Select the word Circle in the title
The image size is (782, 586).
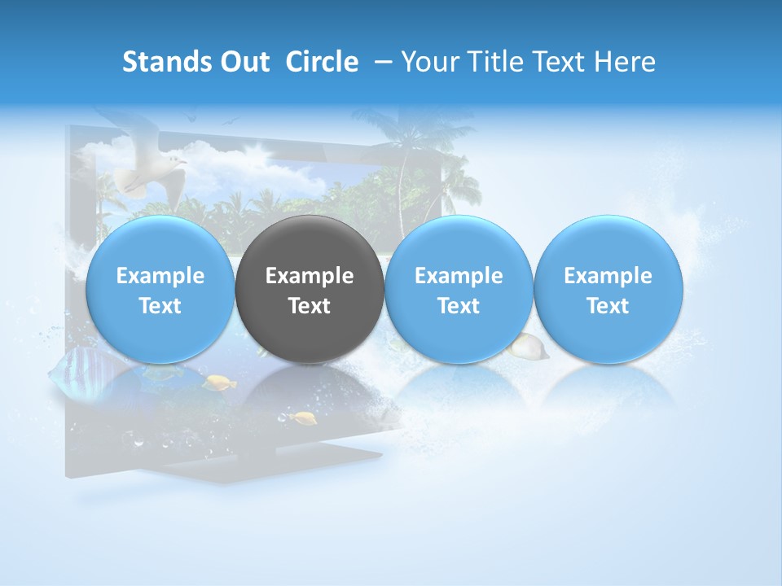[x=322, y=62]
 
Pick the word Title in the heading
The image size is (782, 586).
[x=493, y=62]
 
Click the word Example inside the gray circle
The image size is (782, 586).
[x=310, y=276]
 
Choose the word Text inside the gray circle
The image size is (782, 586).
[x=310, y=306]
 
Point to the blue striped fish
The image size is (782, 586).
[x=77, y=374]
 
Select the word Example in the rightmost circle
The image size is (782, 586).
[x=608, y=276]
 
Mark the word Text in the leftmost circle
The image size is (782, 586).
[x=160, y=306]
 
